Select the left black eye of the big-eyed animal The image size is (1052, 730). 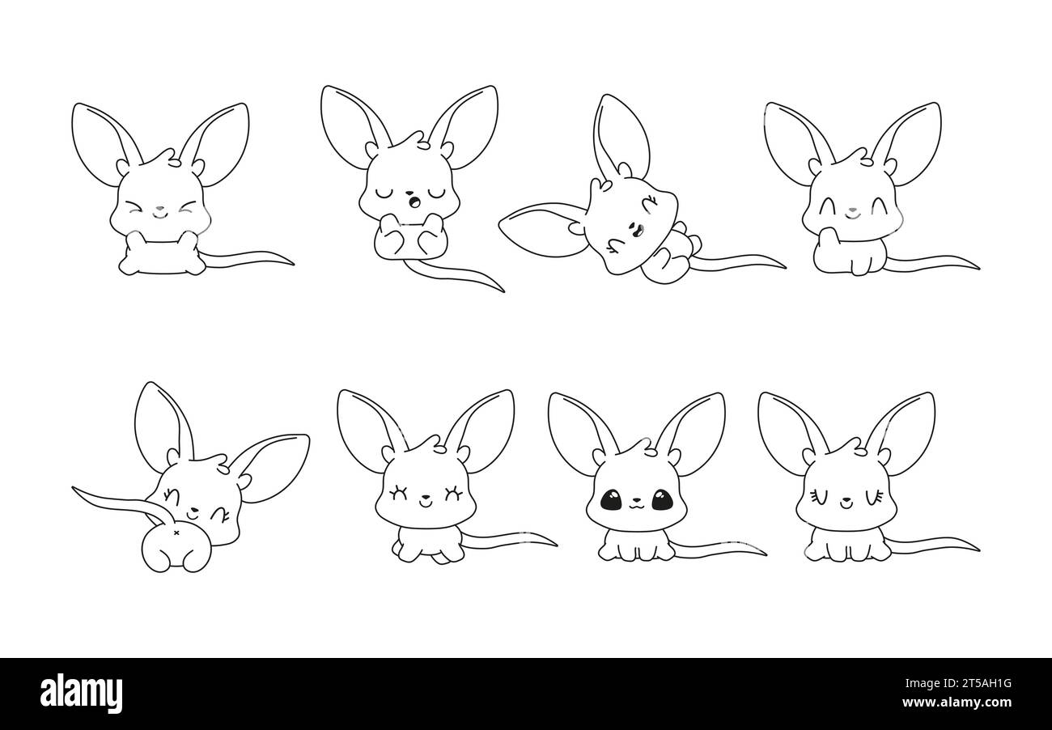611,502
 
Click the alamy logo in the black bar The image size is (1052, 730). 81,694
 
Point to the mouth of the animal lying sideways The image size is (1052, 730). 631,229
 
